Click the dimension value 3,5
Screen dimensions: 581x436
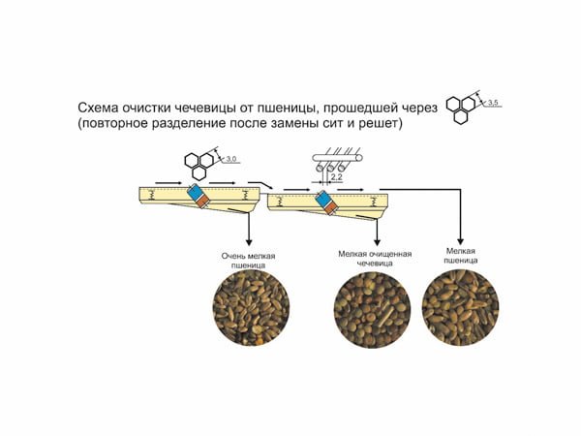(x=493, y=103)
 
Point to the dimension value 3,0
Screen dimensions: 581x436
(x=231, y=160)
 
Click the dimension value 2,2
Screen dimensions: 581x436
(x=336, y=177)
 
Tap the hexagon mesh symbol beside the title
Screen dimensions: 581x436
(x=461, y=109)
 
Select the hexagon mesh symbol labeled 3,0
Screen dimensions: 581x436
(x=199, y=166)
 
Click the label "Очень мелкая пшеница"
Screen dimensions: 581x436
(x=248, y=261)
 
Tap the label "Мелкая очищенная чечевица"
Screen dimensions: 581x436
(x=375, y=259)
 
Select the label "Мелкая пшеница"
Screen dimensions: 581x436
(x=461, y=256)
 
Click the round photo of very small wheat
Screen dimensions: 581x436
(x=251, y=308)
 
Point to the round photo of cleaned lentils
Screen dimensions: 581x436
(x=372, y=309)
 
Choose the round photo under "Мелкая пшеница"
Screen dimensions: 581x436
(x=460, y=308)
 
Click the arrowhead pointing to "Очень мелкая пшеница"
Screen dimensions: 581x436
(x=249, y=242)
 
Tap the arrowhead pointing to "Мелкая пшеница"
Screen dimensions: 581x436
(x=461, y=241)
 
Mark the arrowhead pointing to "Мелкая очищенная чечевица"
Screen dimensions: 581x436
(x=378, y=242)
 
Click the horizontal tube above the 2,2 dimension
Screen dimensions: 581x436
(x=338, y=158)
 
